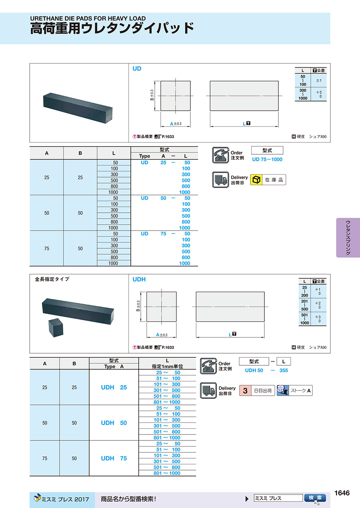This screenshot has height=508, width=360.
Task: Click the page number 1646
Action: (342, 493)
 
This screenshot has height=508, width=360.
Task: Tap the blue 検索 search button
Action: (315, 498)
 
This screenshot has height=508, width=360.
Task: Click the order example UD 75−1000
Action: (267, 159)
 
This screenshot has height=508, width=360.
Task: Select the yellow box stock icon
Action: (256, 179)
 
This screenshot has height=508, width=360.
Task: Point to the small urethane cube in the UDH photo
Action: (56, 327)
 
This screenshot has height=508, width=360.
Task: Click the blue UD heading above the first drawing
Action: (137, 68)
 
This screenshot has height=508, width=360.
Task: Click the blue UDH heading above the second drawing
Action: (139, 279)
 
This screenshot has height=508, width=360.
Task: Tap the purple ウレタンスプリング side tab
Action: (348, 237)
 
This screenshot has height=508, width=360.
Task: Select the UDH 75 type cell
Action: (114, 458)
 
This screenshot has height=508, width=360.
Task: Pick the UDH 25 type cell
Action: (114, 387)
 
